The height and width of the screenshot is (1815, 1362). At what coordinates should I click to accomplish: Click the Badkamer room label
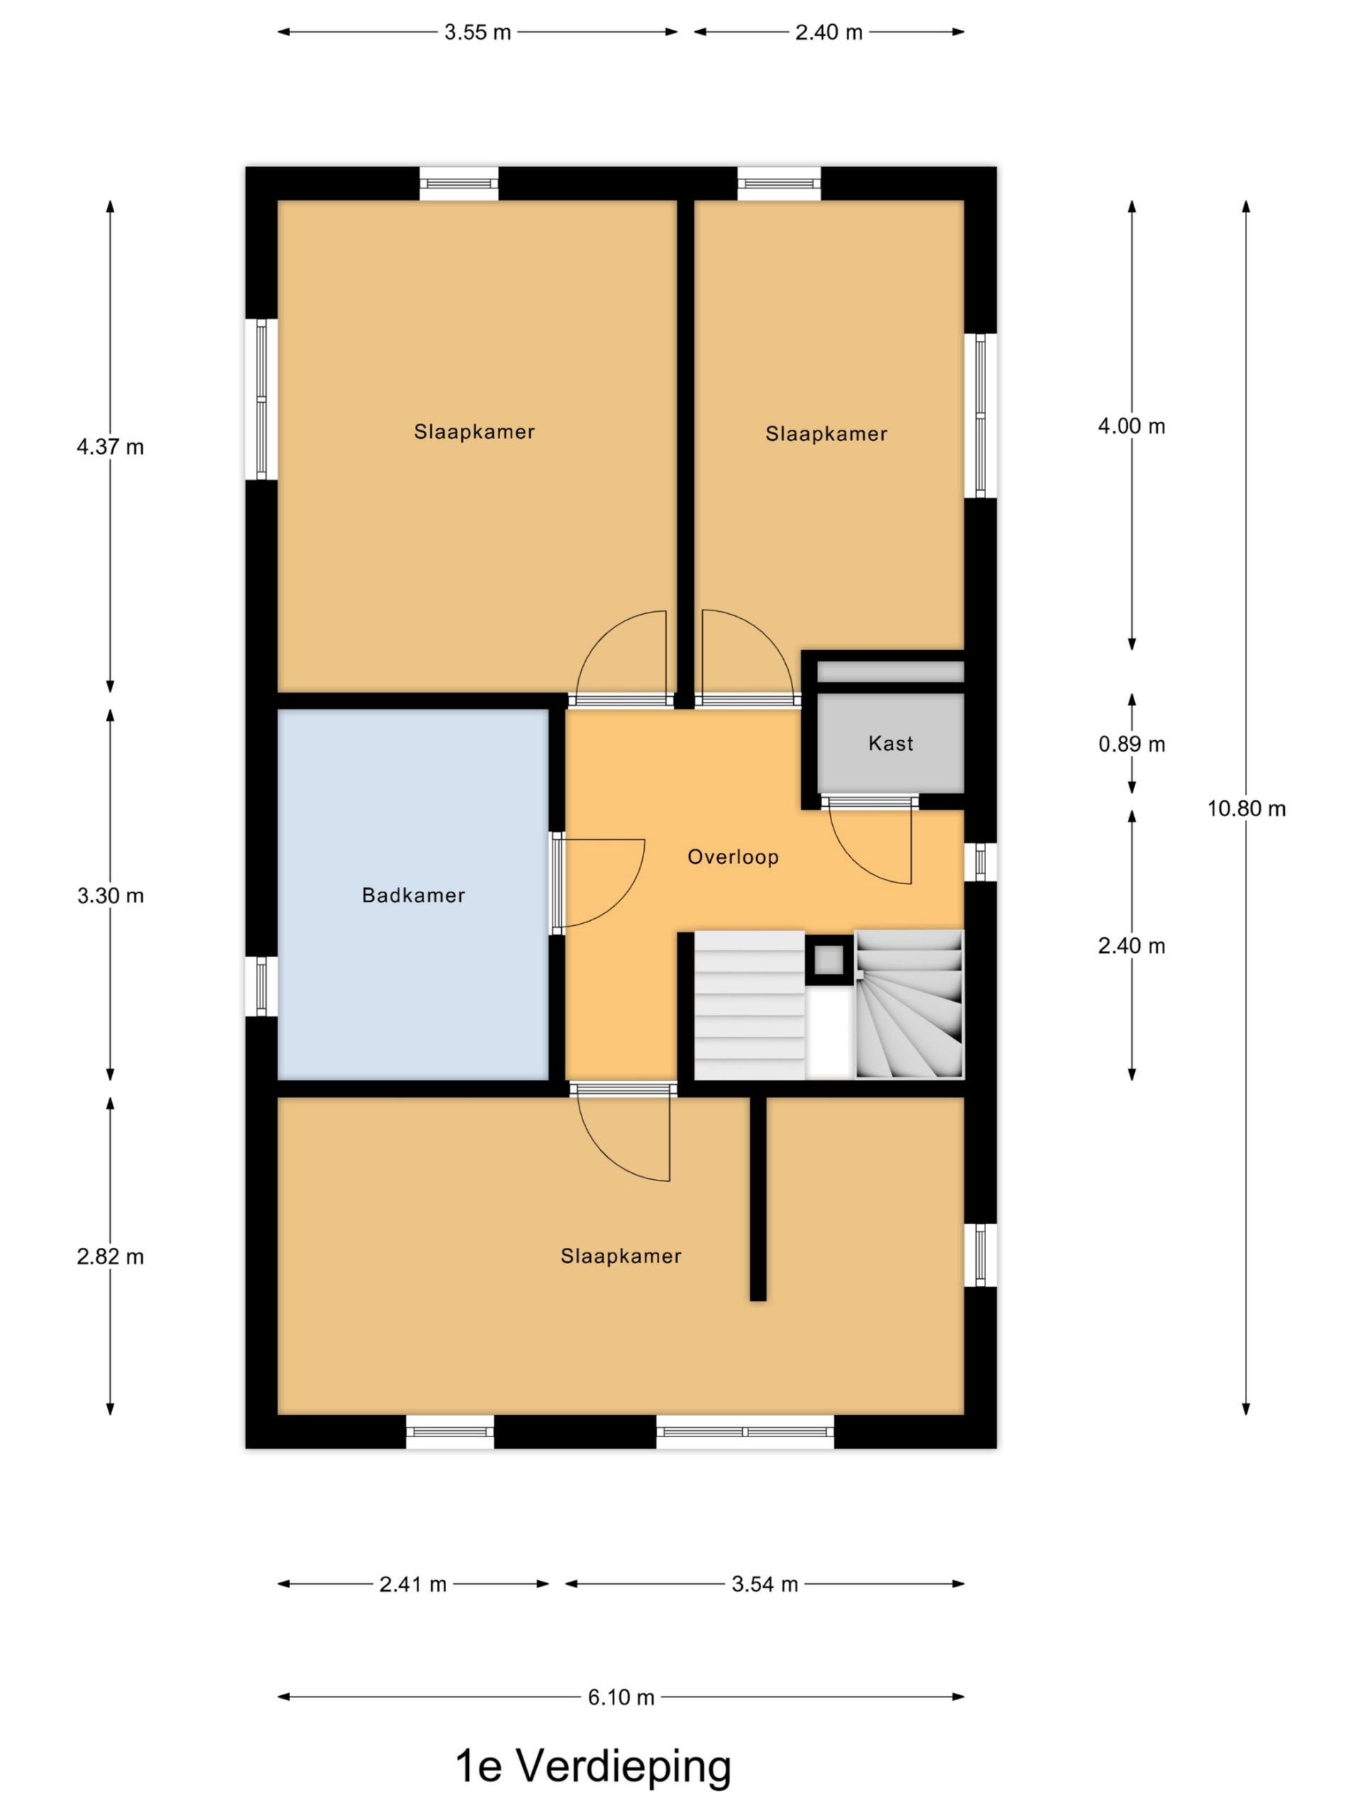413,895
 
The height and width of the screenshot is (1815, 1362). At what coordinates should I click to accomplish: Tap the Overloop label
732,856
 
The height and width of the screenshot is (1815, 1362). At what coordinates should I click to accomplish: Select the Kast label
891,744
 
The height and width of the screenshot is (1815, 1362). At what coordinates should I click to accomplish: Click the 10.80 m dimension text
1246,808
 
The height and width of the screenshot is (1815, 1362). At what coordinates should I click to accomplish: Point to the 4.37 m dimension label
110,447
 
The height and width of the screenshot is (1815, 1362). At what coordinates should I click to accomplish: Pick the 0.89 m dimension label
1131,744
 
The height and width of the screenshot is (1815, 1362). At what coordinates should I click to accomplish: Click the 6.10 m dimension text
621,1697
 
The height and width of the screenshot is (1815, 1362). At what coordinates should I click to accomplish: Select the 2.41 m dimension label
412,1584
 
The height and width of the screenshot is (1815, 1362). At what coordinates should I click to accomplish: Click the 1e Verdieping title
593,1766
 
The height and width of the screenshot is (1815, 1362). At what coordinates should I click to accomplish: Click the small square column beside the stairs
829,959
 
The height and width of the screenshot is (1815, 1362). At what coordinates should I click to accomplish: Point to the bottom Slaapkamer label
621,1256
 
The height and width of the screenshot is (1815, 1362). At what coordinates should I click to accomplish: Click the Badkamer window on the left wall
261,986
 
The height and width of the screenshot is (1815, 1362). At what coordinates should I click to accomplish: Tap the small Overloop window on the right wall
980,861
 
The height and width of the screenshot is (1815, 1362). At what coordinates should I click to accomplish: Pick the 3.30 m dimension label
110,895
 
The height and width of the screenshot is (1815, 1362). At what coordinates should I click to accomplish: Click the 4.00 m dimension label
1131,426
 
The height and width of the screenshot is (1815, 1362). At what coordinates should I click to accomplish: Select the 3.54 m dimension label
764,1584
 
